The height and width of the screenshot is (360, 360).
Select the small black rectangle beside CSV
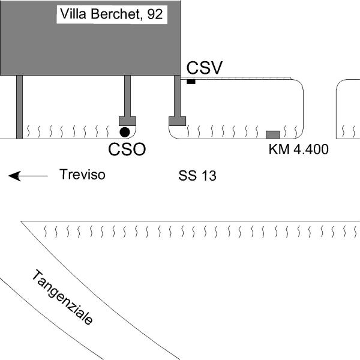[191, 82]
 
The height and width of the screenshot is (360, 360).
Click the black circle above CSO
[124, 131]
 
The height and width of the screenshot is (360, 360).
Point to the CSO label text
[127, 149]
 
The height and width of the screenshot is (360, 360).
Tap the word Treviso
[82, 175]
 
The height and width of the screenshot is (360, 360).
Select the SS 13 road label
[197, 176]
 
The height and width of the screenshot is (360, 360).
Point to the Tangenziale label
[63, 298]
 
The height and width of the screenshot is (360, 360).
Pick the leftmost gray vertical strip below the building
[19, 107]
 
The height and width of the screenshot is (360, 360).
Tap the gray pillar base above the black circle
[127, 120]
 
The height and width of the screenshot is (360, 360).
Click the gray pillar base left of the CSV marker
[177, 121]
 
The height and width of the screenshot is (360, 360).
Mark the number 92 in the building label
[154, 14]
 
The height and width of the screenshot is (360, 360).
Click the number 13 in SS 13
[208, 176]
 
